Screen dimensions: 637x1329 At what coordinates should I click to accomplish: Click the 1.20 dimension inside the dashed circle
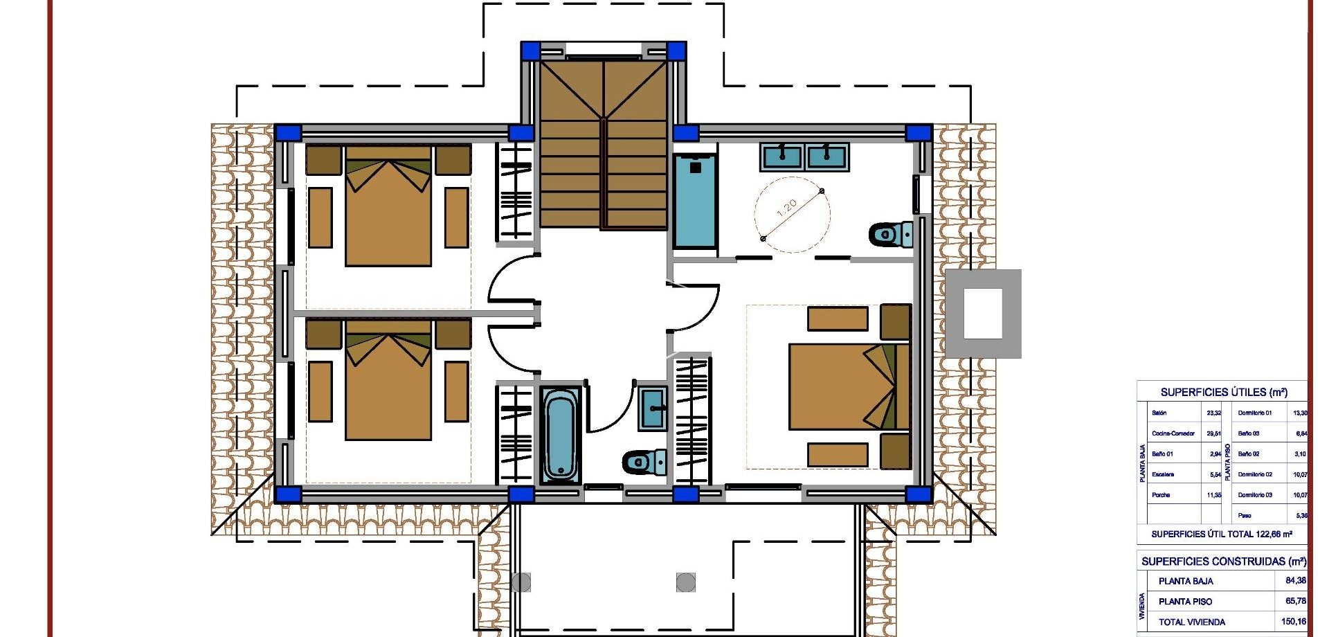(788, 208)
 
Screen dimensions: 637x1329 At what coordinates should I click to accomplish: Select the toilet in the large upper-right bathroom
(891, 235)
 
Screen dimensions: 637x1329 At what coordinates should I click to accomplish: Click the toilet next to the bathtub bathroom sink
(644, 461)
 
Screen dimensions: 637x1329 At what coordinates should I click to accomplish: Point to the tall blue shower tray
(694, 201)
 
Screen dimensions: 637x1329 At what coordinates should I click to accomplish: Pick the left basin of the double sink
(782, 158)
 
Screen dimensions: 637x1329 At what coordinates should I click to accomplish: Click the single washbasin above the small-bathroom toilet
(652, 408)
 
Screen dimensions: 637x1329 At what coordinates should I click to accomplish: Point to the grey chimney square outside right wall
(983, 314)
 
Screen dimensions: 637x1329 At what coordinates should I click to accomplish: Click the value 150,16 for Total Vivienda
(1293, 622)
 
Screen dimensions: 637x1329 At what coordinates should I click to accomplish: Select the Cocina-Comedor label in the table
(1173, 433)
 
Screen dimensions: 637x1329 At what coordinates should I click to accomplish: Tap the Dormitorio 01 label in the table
(1254, 413)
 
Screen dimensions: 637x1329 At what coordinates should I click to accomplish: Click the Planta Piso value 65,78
(1295, 601)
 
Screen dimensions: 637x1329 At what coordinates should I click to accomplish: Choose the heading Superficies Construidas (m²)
(1223, 562)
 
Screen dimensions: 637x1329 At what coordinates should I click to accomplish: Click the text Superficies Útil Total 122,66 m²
(1221, 534)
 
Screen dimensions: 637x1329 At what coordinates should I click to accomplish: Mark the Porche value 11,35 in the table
(1213, 495)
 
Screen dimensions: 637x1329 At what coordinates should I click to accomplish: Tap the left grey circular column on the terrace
(521, 582)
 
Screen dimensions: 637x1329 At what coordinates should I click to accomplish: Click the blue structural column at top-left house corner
(288, 133)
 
